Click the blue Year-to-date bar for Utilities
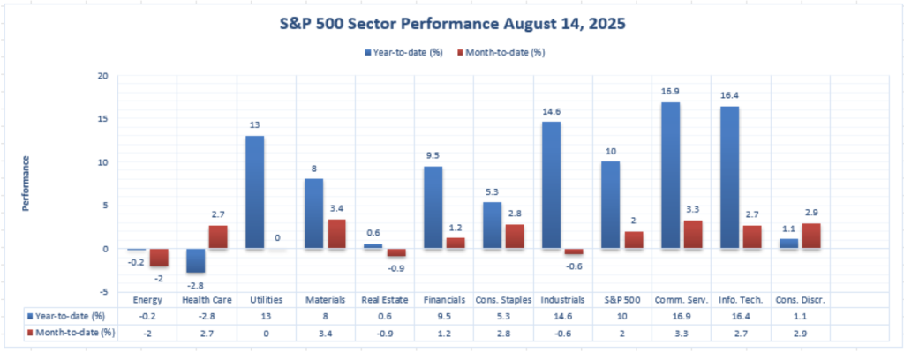point(254,191)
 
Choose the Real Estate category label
point(385,300)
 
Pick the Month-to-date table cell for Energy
point(146,332)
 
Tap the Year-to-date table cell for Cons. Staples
point(503,316)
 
